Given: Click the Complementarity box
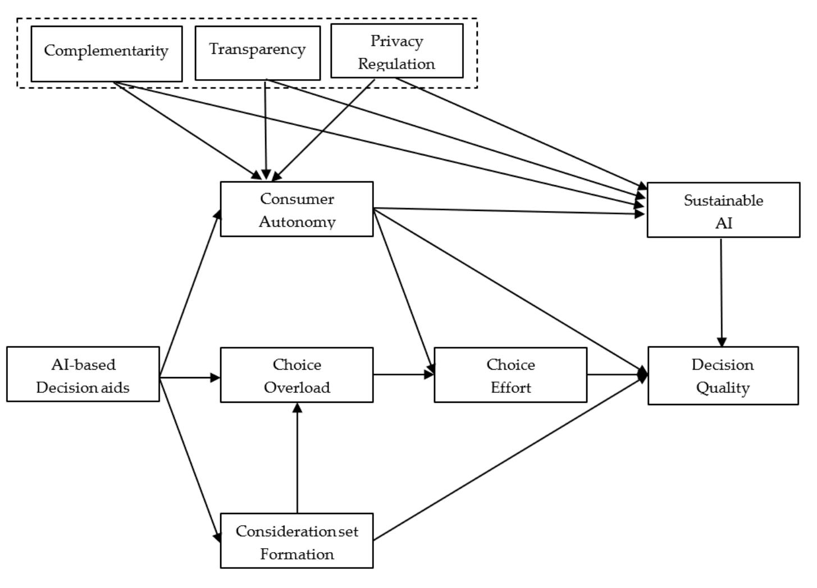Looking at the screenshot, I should point(106,53).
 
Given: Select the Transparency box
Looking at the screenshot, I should point(257,53).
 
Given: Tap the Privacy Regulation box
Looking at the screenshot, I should point(396,50).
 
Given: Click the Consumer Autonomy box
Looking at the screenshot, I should point(296,209).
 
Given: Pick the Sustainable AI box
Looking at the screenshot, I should point(723,210).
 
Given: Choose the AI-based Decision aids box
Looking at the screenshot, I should point(83,374).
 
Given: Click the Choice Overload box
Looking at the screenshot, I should point(296,375).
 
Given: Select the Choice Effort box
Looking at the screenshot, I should point(510,375).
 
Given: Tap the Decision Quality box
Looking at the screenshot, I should point(723,375).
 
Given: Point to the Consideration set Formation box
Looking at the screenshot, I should point(296,541).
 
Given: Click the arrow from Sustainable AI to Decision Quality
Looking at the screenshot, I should point(722,292).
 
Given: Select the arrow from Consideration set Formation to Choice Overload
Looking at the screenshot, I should point(297,457).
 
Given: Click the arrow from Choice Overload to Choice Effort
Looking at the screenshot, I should point(403,374).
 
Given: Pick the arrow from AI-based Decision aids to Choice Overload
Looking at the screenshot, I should point(190,378).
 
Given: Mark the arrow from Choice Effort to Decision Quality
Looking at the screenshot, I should point(617,374).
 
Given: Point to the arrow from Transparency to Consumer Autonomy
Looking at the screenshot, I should point(266,129).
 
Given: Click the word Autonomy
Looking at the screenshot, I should point(297,222).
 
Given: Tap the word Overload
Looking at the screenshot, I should point(297,388).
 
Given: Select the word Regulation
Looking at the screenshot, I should point(396,64).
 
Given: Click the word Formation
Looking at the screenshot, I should point(297,554).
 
